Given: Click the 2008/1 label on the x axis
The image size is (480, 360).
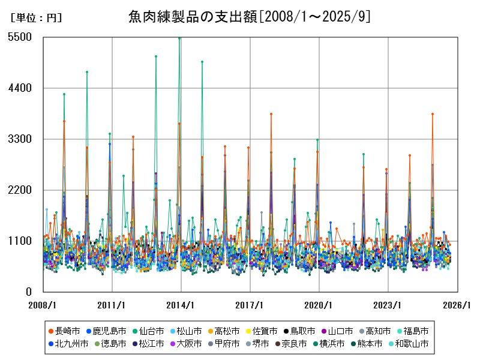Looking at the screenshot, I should click(x=43, y=305).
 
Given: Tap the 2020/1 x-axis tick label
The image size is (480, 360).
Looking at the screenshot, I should click(x=319, y=305).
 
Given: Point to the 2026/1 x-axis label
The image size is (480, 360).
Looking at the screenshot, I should click(x=456, y=305).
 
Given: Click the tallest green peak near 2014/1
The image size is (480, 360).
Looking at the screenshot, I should click(x=179, y=38).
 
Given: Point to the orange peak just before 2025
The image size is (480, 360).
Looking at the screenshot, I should click(x=432, y=114).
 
